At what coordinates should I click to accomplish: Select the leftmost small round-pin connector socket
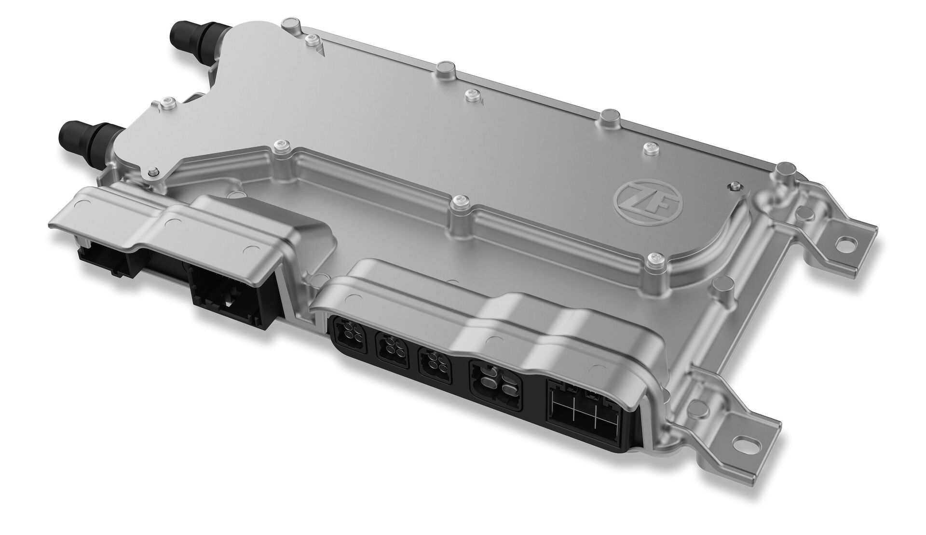[x=346, y=332]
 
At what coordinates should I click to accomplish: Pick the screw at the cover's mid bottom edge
[x=462, y=199]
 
